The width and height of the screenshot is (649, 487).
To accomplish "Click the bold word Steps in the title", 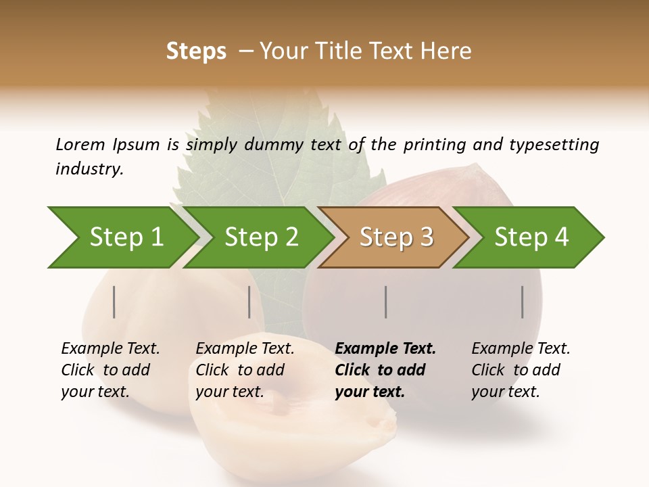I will (x=196, y=51).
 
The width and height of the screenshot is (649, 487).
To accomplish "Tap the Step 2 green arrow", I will (x=260, y=237).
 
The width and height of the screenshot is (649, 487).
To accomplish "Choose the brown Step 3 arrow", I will (x=395, y=237).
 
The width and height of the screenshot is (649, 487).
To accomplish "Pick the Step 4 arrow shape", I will (x=531, y=237).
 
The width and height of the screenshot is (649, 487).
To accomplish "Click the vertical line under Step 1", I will (x=114, y=302).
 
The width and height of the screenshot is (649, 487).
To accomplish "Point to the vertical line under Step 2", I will (x=249, y=302).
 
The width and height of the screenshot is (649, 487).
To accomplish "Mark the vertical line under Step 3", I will (x=386, y=302).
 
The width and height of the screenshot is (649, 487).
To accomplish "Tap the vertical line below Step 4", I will (x=523, y=302).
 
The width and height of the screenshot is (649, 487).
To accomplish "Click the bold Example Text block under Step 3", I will (x=385, y=370).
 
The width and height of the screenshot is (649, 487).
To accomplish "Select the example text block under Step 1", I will (x=110, y=370).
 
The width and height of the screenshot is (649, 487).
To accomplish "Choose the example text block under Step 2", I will (x=245, y=370).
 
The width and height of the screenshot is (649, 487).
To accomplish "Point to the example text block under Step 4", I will (x=521, y=370).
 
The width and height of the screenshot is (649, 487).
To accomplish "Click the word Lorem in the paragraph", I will (x=80, y=144).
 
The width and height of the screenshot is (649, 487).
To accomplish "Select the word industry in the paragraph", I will (x=89, y=169).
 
